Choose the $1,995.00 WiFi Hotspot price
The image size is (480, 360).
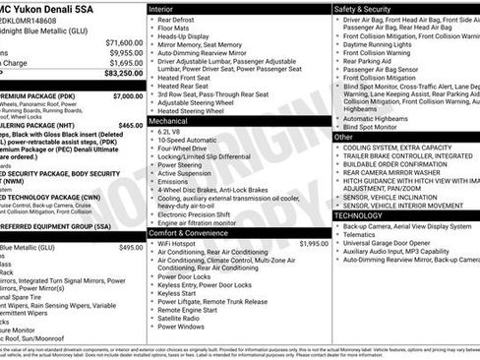[313, 243]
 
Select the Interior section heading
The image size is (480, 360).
[160, 8]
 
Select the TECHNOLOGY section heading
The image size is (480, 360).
[358, 214]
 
